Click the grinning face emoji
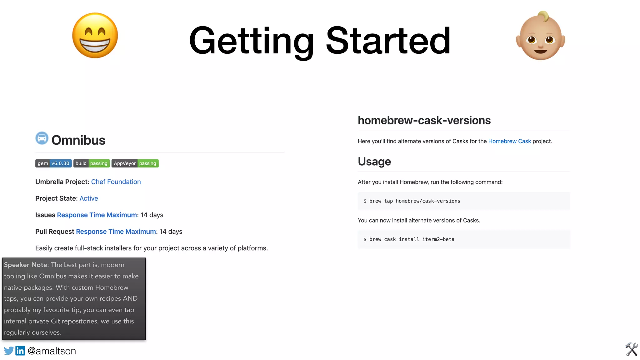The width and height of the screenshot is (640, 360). click(95, 35)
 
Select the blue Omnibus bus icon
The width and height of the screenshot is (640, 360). click(42, 138)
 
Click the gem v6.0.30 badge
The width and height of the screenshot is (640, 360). click(53, 163)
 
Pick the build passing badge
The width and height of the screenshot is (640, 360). click(92, 163)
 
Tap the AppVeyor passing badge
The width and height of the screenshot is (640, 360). click(135, 163)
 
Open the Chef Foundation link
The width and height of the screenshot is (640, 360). click(116, 182)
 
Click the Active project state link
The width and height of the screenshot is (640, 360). click(89, 198)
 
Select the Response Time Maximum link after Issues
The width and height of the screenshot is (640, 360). click(97, 215)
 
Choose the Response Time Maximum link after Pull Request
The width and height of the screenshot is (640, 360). click(116, 232)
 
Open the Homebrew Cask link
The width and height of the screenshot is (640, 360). click(509, 141)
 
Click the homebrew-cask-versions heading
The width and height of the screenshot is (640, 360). click(424, 121)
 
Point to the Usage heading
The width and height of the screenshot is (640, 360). click(374, 162)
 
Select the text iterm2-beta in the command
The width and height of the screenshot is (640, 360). click(438, 239)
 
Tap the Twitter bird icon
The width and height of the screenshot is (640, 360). click(9, 351)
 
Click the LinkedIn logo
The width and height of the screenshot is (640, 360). click(20, 351)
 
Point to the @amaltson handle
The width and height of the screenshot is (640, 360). click(52, 351)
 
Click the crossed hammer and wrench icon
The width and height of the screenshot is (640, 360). click(631, 349)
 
